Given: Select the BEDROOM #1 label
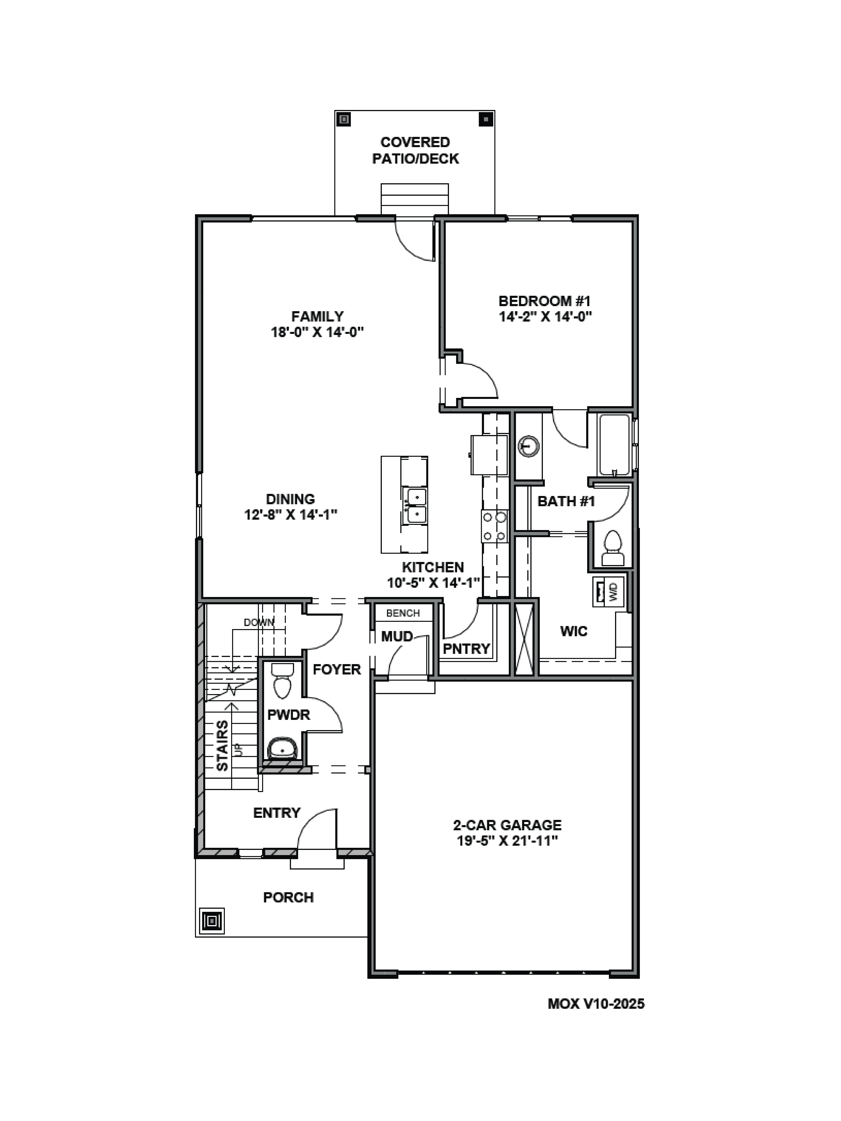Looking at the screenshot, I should click(544, 301).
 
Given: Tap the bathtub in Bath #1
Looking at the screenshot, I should click(614, 445).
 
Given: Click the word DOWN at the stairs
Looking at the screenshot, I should click(258, 622).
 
